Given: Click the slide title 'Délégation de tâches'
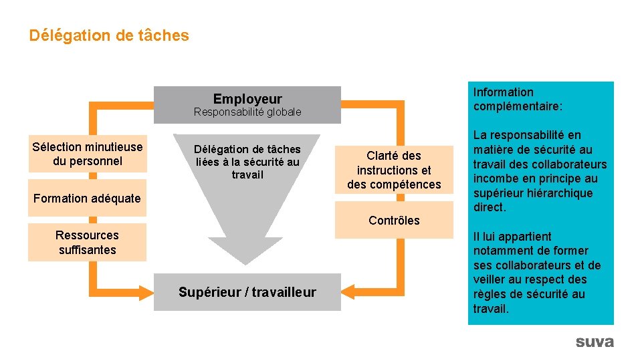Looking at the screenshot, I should click(x=109, y=35).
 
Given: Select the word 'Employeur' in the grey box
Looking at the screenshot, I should click(x=247, y=99).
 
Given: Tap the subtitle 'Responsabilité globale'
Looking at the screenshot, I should click(x=247, y=112).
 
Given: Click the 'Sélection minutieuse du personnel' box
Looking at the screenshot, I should click(x=87, y=154).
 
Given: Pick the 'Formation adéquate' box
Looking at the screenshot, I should click(x=87, y=199).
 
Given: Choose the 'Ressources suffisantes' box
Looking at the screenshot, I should click(x=87, y=243).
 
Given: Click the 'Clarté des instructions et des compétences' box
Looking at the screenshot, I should click(x=394, y=170).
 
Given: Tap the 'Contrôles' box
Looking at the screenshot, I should click(x=394, y=221).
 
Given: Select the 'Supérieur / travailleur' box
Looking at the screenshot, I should click(x=247, y=292).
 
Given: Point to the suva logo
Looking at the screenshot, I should click(x=594, y=342).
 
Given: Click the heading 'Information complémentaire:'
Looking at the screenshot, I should click(x=517, y=99).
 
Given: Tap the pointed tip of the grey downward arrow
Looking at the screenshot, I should click(x=247, y=262).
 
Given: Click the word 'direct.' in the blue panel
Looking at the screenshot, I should click(x=490, y=208).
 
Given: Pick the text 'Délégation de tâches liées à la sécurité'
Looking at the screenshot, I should click(x=247, y=155).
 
